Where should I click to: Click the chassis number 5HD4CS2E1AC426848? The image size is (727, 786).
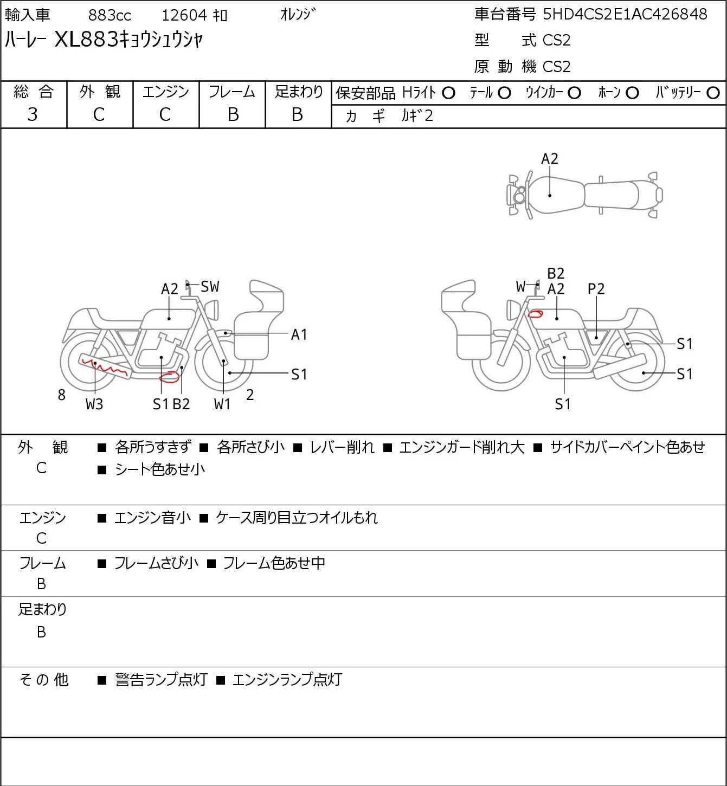(x=625, y=14)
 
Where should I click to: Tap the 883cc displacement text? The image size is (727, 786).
(x=110, y=15)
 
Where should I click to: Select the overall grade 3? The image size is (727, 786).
(x=33, y=114)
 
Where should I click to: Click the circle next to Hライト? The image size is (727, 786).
(x=448, y=93)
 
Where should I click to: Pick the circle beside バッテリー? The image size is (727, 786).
(x=713, y=93)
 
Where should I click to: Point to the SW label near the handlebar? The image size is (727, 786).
(x=209, y=286)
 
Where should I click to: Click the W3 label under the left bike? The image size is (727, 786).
(x=94, y=404)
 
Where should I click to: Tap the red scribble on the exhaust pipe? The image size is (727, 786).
(x=104, y=366)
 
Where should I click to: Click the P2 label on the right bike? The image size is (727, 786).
(x=596, y=289)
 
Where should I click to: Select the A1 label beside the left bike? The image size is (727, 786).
(x=299, y=335)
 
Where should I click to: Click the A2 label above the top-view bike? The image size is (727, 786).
(x=550, y=159)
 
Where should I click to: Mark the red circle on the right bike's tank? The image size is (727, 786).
(x=535, y=314)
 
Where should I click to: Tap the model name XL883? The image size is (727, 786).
(x=86, y=39)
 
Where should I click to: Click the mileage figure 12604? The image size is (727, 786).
(x=184, y=15)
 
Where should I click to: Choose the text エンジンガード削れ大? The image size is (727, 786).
(x=462, y=447)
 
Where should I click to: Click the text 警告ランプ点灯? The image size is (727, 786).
(x=162, y=679)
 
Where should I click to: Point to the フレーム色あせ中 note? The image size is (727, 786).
(x=274, y=563)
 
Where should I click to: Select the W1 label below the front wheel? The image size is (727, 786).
(x=222, y=404)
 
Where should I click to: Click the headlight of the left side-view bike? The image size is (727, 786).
(x=212, y=310)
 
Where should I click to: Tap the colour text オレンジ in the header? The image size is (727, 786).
(x=298, y=15)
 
